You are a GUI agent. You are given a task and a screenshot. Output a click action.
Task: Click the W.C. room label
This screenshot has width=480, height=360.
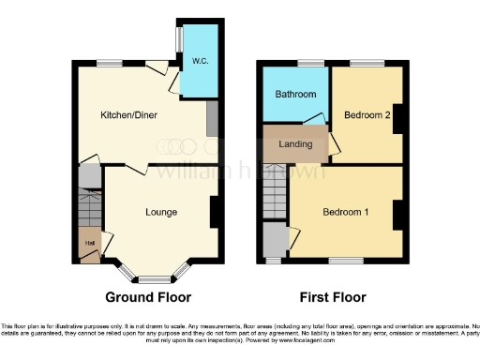(x=200, y=62)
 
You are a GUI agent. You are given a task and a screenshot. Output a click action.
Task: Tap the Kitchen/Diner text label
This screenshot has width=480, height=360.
(x=129, y=115)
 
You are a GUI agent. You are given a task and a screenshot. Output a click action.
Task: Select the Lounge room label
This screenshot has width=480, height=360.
(x=161, y=212)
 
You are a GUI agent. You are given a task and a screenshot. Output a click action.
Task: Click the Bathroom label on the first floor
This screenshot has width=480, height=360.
(x=294, y=95)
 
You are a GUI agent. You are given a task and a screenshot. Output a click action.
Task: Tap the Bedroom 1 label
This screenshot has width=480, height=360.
(x=345, y=212)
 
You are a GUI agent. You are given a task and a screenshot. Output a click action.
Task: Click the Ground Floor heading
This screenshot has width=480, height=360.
(x=148, y=297)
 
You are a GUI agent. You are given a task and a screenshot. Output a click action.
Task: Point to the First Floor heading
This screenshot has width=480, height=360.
(x=333, y=297)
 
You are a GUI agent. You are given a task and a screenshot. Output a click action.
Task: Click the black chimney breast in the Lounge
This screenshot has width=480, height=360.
(x=216, y=212)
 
